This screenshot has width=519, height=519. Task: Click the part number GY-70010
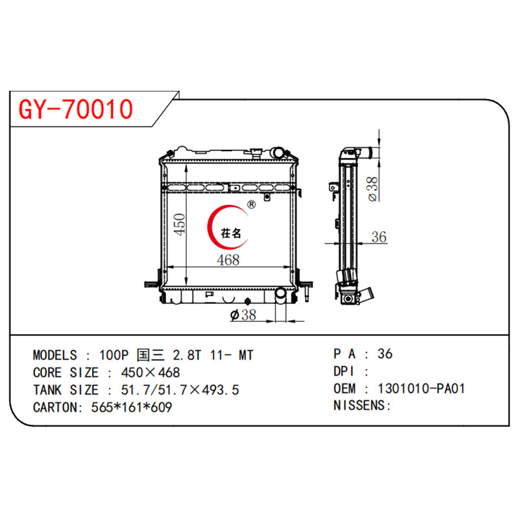pos(76,110)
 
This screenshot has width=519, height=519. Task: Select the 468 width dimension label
pos(229,260)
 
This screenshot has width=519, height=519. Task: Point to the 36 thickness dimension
pos(379,237)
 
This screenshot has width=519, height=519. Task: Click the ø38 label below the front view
pos(243,315)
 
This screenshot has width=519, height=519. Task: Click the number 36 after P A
pos(385,354)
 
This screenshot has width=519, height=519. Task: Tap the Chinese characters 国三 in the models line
pos(148,355)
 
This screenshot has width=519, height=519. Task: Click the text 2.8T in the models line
pos(183,355)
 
